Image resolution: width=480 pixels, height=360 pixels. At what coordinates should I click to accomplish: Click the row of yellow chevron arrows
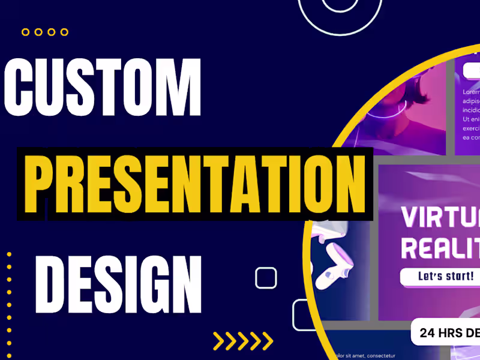[x=243, y=341]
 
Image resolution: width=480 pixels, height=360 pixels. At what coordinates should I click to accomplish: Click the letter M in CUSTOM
[x=180, y=89]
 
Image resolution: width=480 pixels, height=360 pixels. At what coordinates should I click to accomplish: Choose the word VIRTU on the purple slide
[x=438, y=217]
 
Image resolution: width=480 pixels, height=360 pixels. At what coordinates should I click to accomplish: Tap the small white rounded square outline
[x=266, y=278]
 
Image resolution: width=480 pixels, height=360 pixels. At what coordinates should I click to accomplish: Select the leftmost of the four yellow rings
[x=26, y=32]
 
